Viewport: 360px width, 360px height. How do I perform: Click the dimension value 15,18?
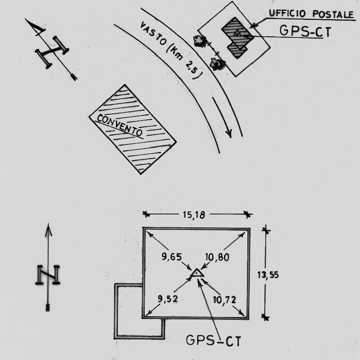tap(194, 215)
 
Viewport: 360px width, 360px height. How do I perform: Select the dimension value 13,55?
tap(268, 274)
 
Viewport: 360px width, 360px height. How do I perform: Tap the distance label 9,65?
tap(171, 257)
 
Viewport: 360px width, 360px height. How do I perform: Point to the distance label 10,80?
tap(217, 257)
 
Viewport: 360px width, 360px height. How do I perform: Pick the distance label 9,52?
tap(168, 299)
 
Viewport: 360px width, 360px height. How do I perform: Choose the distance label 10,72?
tap(224, 300)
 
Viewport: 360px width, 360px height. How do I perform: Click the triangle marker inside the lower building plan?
tap(197, 273)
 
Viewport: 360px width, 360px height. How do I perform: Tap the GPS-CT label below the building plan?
tap(214, 340)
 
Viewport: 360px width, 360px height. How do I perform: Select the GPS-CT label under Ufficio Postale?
tap(305, 31)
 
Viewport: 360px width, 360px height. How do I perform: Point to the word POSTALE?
tap(333, 14)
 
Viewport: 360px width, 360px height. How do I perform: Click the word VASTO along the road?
tap(153, 33)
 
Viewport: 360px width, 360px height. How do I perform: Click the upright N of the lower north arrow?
tap(48, 274)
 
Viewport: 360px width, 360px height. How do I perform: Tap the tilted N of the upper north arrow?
tap(52, 52)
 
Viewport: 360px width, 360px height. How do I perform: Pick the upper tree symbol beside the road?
tap(200, 41)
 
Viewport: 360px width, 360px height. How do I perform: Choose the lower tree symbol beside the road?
tap(217, 64)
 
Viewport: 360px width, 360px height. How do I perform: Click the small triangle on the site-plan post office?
tap(237, 33)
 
